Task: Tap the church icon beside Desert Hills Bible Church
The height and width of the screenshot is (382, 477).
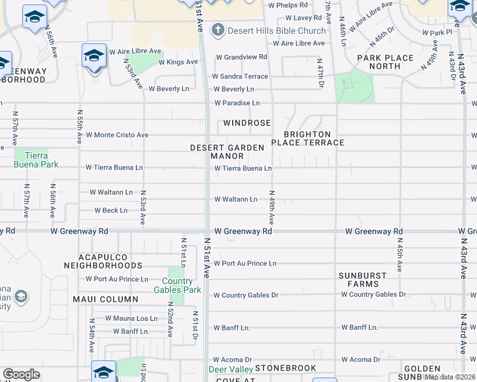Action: [218, 30]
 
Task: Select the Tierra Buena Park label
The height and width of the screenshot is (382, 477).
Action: [36, 160]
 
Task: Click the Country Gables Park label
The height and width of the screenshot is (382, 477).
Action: [177, 285]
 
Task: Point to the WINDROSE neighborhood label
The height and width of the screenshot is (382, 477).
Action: [247, 123]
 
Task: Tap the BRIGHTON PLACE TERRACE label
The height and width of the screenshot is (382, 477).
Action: [308, 138]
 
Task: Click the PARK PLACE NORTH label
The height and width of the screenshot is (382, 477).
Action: [385, 62]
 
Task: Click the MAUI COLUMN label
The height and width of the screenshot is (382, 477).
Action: [105, 299]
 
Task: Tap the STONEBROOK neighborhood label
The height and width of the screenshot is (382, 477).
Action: [285, 369]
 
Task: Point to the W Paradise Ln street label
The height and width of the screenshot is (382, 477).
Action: [237, 103]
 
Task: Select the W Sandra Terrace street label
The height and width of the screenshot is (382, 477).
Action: [241, 76]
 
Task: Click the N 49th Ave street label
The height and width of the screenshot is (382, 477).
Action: [272, 208]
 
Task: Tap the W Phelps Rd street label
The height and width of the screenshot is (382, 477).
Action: [288, 5]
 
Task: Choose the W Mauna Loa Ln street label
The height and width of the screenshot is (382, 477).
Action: [131, 318]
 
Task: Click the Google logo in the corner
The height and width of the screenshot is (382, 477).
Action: [21, 374]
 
